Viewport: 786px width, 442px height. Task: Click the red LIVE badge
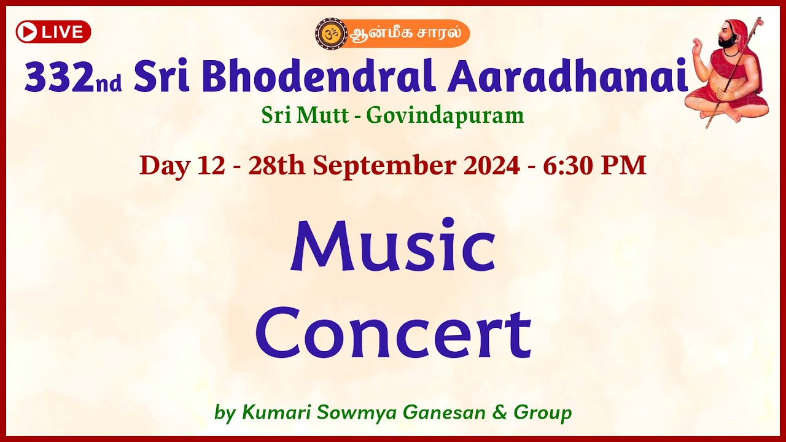pyautogui.click(x=53, y=32)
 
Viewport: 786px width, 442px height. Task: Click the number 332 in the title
pyautogui.click(x=59, y=79)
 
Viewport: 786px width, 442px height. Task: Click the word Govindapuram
pyautogui.click(x=445, y=115)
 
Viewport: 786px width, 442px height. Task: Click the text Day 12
pyautogui.click(x=182, y=166)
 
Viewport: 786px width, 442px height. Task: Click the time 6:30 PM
pyautogui.click(x=594, y=166)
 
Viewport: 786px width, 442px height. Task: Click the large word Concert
pyautogui.click(x=393, y=335)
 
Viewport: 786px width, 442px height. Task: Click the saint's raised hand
pyautogui.click(x=698, y=46)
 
